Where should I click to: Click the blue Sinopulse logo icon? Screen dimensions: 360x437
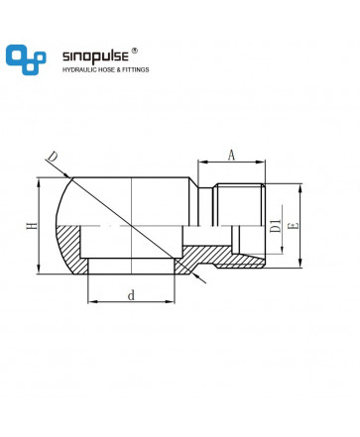point(26,59)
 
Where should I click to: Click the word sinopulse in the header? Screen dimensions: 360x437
point(95,56)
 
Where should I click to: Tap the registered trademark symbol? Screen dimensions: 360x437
point(135,51)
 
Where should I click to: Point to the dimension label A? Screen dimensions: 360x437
point(232,155)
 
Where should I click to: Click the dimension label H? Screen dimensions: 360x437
point(33,226)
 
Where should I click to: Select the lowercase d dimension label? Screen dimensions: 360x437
point(131,295)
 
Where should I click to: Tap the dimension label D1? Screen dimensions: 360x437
point(276,226)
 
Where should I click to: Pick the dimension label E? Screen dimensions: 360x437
point(294,226)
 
